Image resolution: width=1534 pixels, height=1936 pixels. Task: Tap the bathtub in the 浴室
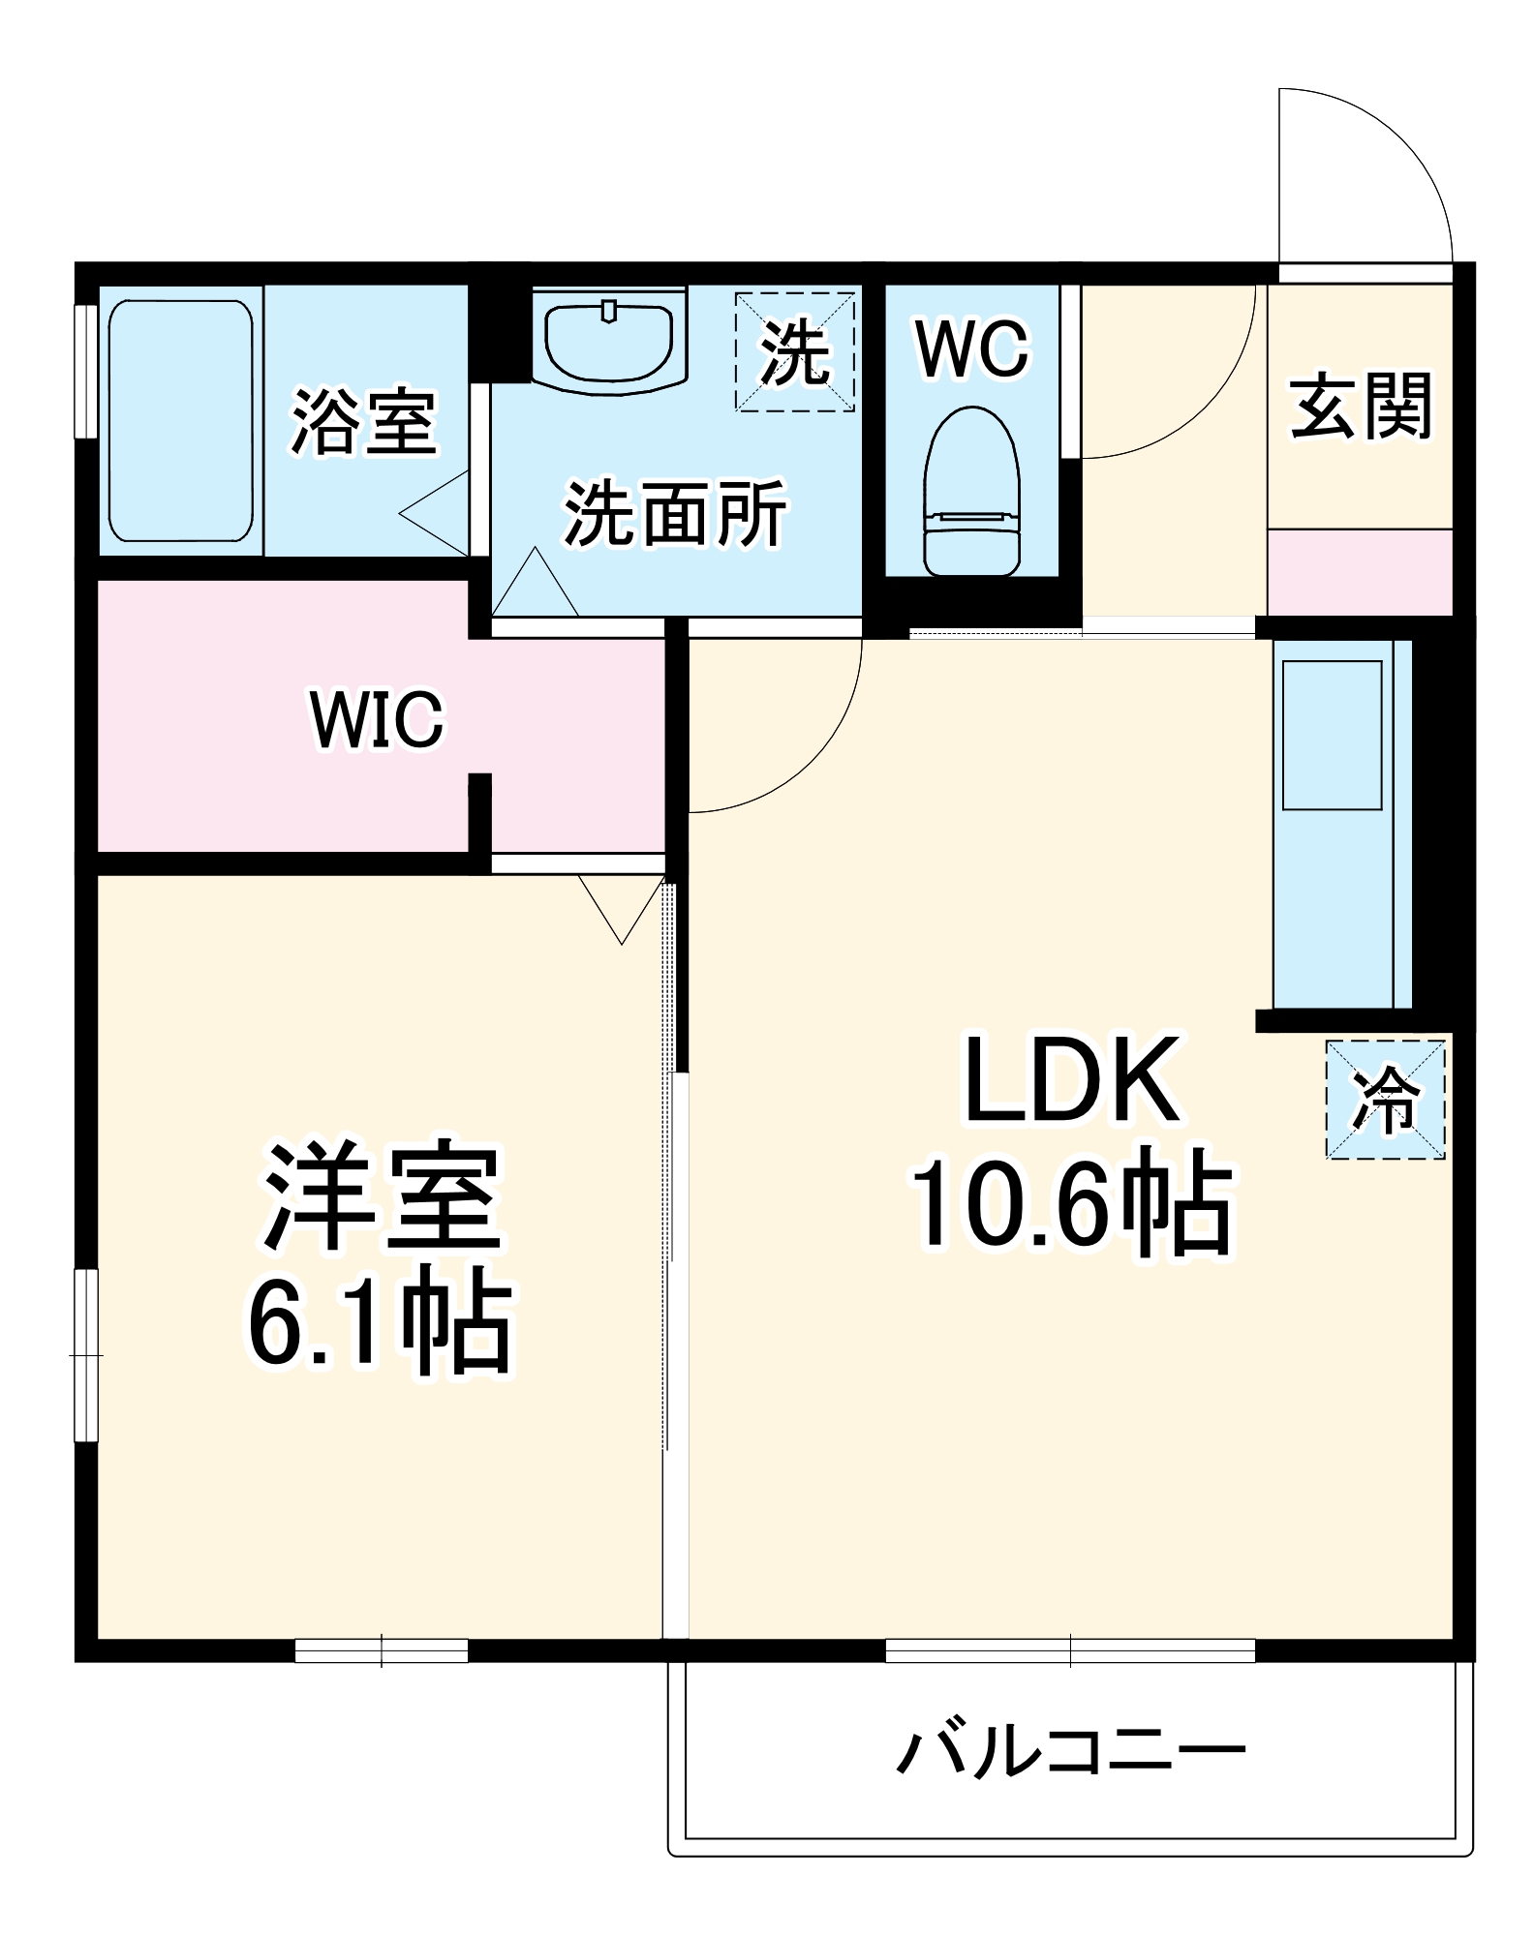coord(180,420)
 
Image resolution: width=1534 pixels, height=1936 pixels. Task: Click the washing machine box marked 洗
coord(795,352)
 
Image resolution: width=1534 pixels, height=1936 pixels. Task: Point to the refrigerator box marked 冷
coord(1385,1099)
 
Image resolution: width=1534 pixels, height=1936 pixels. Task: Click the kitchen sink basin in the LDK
coord(1332,735)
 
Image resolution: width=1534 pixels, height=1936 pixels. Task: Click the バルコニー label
coord(1070,1752)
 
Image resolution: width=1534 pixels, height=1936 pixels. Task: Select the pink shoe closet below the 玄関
coord(1360,571)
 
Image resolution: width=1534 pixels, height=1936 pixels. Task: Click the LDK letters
coord(1071,1078)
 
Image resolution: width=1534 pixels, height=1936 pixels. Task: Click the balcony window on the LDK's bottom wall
coord(1070,1649)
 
